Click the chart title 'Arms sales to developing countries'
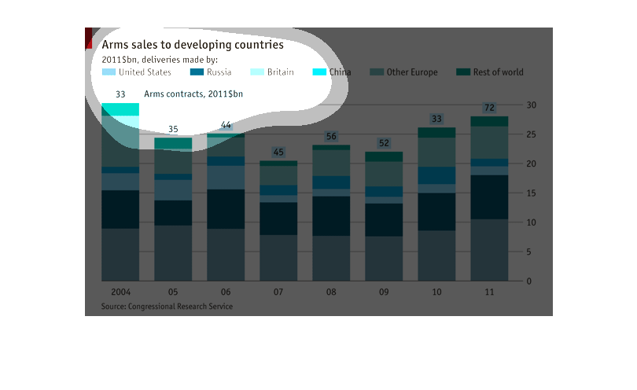192,44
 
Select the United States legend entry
137,72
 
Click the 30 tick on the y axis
532,105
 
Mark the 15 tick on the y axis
532,193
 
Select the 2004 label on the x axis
120,292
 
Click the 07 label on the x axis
278,292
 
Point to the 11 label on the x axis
488,292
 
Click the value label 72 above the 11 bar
489,108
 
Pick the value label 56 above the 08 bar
331,137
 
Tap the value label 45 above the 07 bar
278,152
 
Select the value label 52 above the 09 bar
384,143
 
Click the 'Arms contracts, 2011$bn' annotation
193,94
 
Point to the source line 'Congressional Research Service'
167,306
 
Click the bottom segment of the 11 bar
488,250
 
